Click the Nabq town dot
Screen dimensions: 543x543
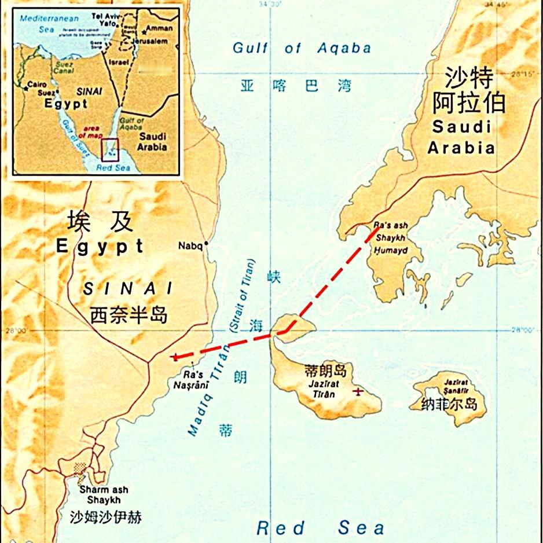pos(206,245)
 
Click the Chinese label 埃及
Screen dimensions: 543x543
pos(100,221)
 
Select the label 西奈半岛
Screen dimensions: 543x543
pos(129,315)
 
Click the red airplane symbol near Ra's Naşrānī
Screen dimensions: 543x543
pos(174,357)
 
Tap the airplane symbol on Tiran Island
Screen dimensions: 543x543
pos(358,392)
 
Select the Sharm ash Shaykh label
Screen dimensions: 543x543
pos(104,495)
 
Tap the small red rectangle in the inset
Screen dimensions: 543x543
pos(110,149)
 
